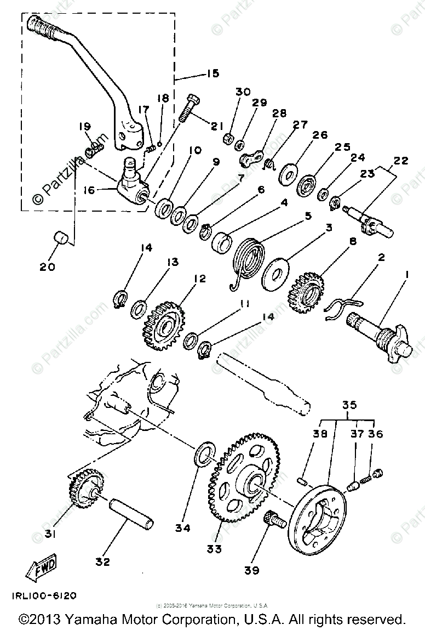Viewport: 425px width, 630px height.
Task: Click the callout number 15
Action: click(x=197, y=73)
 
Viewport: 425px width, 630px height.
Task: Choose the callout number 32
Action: click(x=102, y=561)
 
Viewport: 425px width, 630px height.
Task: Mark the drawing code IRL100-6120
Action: click(x=42, y=595)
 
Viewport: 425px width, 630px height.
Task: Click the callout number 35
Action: click(x=349, y=405)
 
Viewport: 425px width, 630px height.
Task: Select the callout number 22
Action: click(x=400, y=161)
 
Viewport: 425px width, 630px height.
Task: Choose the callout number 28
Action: click(x=279, y=113)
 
